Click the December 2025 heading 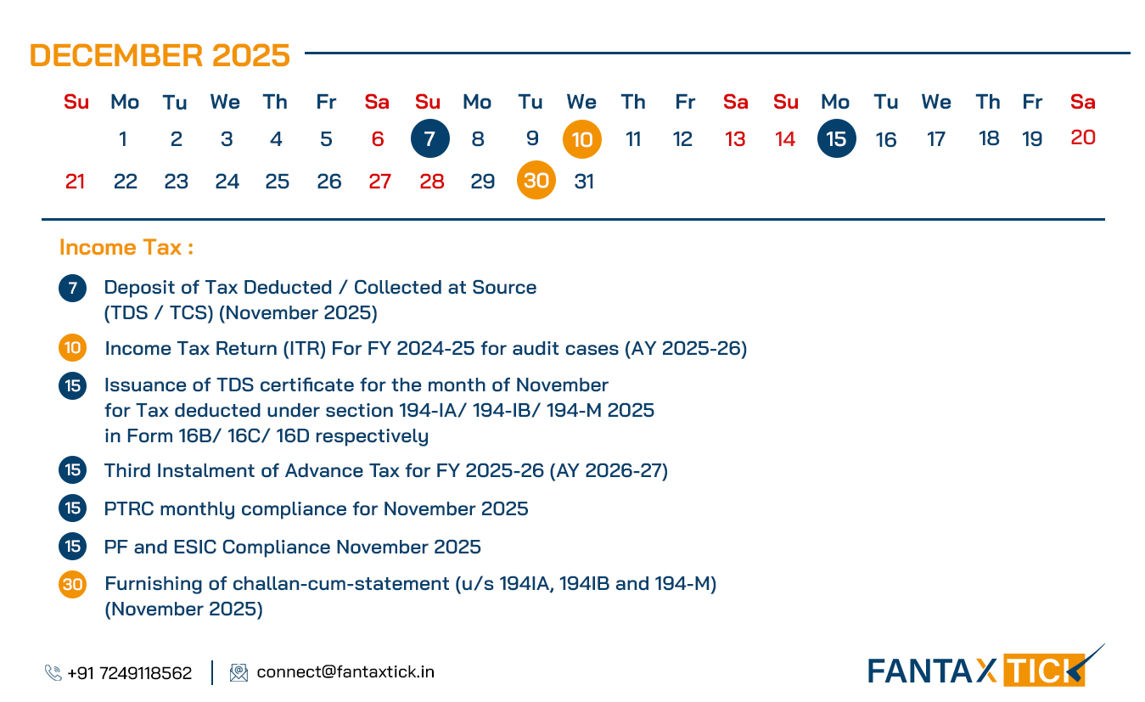tap(160, 56)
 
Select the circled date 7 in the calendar tap(429, 138)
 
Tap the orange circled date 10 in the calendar tap(581, 139)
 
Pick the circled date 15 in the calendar tap(836, 138)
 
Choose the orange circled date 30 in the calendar tap(536, 181)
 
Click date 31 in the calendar tap(584, 182)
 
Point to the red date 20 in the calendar tap(1083, 138)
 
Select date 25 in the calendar tap(277, 182)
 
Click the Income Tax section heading tap(126, 248)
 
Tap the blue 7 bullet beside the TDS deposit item tap(72, 289)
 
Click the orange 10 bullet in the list tap(72, 349)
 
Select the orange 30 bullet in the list tap(72, 584)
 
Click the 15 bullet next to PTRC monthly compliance tap(72, 508)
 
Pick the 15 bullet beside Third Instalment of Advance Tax tap(72, 470)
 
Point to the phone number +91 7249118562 tap(129, 673)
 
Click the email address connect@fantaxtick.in tap(345, 672)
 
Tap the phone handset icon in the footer tap(53, 673)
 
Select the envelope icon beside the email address tap(239, 672)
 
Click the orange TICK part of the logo tap(1043, 671)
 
